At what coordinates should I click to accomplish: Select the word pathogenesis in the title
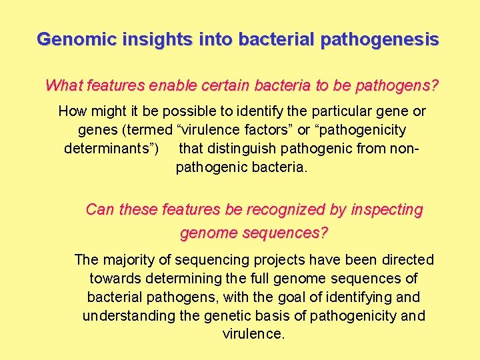click(x=379, y=39)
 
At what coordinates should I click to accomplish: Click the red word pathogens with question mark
click(x=397, y=86)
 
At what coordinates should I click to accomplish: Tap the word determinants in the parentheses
click(x=111, y=148)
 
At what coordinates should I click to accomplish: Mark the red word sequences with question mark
click(x=288, y=233)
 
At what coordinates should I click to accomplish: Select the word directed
click(x=406, y=259)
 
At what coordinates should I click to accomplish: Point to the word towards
click(x=113, y=278)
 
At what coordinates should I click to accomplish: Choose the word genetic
click(x=229, y=315)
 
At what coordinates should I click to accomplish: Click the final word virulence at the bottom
click(x=253, y=334)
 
